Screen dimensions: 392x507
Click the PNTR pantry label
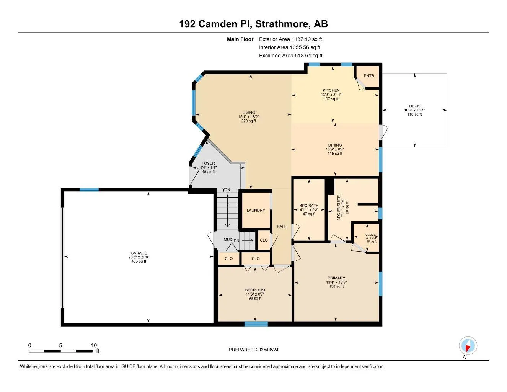(368, 75)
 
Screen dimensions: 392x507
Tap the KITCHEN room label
(331, 90)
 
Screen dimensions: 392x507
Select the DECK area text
(414, 106)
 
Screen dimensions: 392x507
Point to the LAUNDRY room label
(256, 210)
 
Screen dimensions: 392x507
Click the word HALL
(282, 227)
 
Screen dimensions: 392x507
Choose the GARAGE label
(139, 253)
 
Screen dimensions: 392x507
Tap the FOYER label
(208, 163)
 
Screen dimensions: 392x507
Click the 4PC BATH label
(309, 206)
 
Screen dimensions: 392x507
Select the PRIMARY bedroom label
(336, 278)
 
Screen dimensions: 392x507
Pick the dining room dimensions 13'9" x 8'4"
(335, 149)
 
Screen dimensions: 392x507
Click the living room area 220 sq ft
(248, 121)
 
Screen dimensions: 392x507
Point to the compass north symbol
(468, 346)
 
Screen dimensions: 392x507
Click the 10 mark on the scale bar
(94, 345)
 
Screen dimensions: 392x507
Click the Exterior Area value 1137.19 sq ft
(306, 39)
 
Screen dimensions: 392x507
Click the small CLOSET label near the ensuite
(371, 235)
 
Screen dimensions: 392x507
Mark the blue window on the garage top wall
(89, 189)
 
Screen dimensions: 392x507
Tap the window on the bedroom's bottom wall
(256, 324)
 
